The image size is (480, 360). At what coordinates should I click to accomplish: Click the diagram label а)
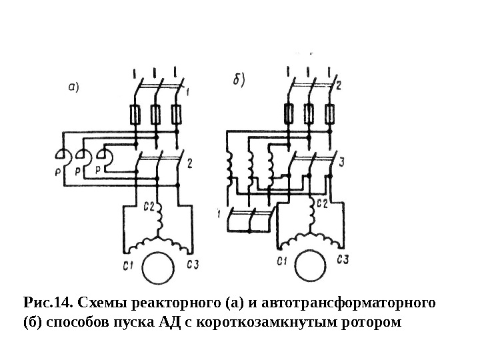coord(74,86)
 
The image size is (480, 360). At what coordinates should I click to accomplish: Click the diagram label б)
coord(238,79)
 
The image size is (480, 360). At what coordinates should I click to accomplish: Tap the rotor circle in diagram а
coord(158,269)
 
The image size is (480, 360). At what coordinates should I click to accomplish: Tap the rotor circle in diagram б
coord(310,269)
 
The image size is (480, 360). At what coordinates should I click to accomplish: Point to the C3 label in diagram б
coord(344,259)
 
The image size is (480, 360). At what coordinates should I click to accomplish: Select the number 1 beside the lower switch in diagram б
coord(219,213)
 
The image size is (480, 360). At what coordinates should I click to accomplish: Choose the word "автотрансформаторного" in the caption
coord(346,304)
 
